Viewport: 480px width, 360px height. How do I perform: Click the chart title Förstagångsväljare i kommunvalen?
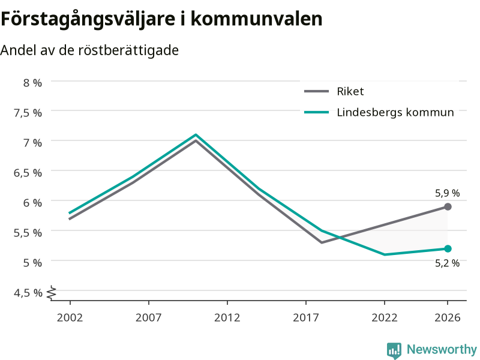pos(161,20)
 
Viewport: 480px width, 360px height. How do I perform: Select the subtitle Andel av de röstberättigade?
pos(89,50)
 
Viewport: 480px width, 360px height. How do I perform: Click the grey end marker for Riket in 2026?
pos(448,207)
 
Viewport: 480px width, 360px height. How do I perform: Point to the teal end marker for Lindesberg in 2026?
pos(448,248)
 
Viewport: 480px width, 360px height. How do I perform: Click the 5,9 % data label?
pos(447,193)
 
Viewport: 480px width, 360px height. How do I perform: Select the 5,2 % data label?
pos(447,263)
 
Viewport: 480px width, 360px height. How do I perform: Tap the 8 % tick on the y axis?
pos(33,83)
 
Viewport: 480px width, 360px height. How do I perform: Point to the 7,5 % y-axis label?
pos(28,113)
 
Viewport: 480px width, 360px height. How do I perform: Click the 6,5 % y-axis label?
pos(28,173)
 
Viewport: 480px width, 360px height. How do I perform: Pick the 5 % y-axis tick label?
pos(33,263)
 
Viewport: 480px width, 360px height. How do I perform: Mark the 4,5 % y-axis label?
pos(28,293)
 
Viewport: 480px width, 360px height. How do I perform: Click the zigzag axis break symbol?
pos(52,293)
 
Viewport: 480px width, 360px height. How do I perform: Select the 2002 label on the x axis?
pos(70,317)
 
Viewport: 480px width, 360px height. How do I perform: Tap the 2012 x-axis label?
pos(227,317)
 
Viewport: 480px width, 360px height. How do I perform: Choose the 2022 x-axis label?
pos(385,317)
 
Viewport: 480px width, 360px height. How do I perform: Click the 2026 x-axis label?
pos(448,317)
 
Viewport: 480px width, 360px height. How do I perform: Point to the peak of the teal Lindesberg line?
pos(196,134)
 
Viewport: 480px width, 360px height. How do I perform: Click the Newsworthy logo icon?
pos(394,350)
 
